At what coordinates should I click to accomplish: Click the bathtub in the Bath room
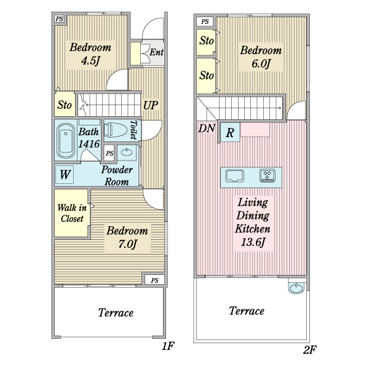click(x=66, y=141)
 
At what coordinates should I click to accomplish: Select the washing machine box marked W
click(x=65, y=175)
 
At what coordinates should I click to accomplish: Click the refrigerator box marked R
click(x=230, y=132)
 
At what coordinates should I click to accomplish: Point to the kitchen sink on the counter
click(x=235, y=176)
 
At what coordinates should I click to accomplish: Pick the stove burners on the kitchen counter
click(x=268, y=175)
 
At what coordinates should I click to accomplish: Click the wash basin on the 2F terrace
click(x=296, y=287)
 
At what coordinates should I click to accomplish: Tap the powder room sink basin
click(x=127, y=153)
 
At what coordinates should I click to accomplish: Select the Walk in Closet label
click(x=72, y=213)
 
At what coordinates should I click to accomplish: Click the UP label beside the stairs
click(x=151, y=105)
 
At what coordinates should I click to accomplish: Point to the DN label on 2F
click(x=207, y=129)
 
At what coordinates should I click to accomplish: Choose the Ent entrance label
click(x=156, y=52)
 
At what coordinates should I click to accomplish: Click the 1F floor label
click(x=168, y=346)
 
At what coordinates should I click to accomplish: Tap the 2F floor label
click(x=310, y=350)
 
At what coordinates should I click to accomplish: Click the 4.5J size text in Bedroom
click(x=90, y=61)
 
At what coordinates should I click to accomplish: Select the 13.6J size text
click(x=253, y=242)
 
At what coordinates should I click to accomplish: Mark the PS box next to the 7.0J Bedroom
click(x=154, y=280)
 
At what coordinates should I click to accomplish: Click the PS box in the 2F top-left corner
click(x=205, y=22)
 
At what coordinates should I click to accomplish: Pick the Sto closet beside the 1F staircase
click(x=65, y=105)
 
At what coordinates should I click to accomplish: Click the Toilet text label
click(x=134, y=130)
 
